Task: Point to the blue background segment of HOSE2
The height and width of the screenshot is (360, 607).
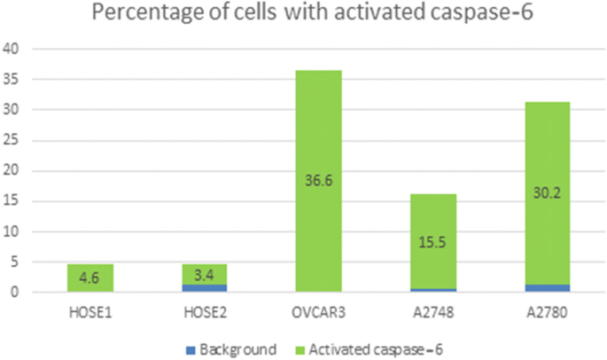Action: pyautogui.click(x=205, y=287)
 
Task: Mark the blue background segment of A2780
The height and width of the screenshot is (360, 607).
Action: pyautogui.click(x=547, y=287)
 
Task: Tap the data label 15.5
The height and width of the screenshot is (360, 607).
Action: pyautogui.click(x=433, y=241)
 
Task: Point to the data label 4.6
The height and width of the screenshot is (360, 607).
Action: pyautogui.click(x=90, y=278)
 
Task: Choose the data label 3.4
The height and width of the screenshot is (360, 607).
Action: pyautogui.click(x=205, y=274)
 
